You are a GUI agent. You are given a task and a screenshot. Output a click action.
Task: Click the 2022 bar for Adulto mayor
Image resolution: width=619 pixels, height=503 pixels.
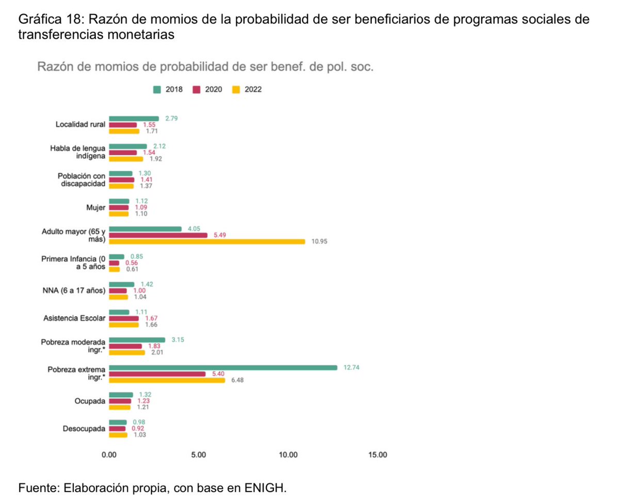coord(207,241)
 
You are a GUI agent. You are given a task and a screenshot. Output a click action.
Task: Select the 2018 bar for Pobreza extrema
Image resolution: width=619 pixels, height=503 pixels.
coord(223,368)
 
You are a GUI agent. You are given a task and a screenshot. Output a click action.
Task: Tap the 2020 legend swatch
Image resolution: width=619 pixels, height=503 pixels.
coord(196,90)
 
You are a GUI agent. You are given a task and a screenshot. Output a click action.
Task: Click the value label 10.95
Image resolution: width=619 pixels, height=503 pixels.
coord(320,241)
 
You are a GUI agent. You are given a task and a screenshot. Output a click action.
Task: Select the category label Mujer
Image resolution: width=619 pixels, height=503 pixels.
coord(96,207)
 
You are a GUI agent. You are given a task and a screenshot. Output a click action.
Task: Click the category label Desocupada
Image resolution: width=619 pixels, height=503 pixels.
coord(84,429)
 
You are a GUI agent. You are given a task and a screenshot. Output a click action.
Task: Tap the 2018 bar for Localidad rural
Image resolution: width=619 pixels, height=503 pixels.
coord(134,119)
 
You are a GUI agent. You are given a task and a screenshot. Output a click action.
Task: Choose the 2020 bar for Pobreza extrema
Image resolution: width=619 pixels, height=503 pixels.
coord(157,374)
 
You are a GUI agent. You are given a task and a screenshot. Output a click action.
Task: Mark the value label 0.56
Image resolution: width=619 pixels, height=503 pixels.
coord(132,263)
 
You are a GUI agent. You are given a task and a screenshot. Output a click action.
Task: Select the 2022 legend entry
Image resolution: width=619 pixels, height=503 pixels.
coord(247,90)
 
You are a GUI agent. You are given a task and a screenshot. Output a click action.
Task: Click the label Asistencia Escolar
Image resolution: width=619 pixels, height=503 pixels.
coord(74,318)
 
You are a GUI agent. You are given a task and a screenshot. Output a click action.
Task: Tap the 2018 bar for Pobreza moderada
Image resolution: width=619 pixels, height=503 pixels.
coord(137,340)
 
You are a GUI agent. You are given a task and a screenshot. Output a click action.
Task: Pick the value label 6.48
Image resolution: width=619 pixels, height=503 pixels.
coord(237,380)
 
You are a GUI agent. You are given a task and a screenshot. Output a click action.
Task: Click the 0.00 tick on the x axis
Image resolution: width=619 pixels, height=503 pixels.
coord(109,455)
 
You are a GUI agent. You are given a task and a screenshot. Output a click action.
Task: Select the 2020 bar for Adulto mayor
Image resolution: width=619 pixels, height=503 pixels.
coord(158,235)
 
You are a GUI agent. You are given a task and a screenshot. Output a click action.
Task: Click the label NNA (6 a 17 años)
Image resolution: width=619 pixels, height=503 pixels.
coord(74,290)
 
